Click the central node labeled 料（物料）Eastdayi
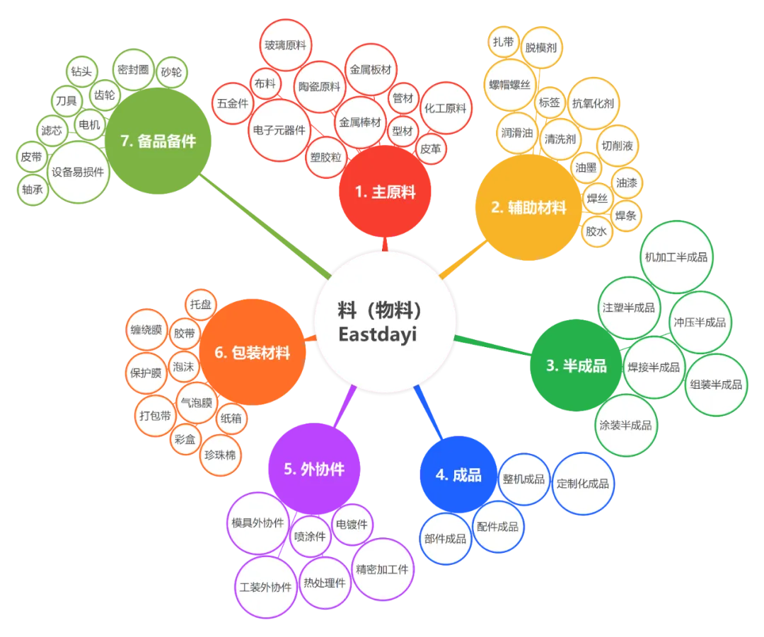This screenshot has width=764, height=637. pyautogui.click(x=383, y=324)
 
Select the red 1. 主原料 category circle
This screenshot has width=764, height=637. pyautogui.click(x=385, y=192)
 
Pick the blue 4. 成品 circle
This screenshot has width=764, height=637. pyautogui.click(x=458, y=475)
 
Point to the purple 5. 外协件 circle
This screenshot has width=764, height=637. pyautogui.click(x=313, y=469)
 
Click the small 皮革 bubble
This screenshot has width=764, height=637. pyautogui.click(x=430, y=149)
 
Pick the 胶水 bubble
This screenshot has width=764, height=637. pyautogui.click(x=596, y=231)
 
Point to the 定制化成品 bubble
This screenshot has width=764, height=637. pyautogui.click(x=583, y=484)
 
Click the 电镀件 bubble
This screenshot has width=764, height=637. pyautogui.click(x=352, y=524)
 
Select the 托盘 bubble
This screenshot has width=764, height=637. pyautogui.click(x=200, y=305)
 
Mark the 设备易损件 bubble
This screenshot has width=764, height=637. pyautogui.click(x=78, y=172)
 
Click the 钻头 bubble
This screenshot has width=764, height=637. pyautogui.click(x=81, y=71)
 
